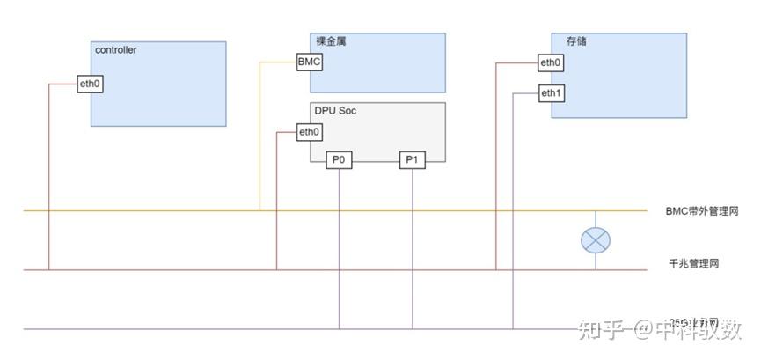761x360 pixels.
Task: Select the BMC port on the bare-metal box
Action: [309, 62]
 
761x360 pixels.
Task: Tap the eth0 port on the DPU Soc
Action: [309, 132]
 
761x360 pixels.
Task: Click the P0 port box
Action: [339, 159]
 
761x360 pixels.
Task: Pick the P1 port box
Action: [412, 159]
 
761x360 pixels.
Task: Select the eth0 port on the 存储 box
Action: [551, 62]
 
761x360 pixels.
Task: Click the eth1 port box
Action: [551, 92]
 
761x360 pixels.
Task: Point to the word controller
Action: [115, 50]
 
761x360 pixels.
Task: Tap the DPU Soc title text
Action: [335, 111]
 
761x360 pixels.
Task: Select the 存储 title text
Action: [563, 41]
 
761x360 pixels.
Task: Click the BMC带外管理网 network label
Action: [701, 211]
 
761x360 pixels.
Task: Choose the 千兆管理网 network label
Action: [694, 264]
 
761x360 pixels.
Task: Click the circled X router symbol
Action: [596, 239]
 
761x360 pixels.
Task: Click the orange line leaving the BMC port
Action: [260, 132]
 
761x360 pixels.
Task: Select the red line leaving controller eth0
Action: [49, 176]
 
